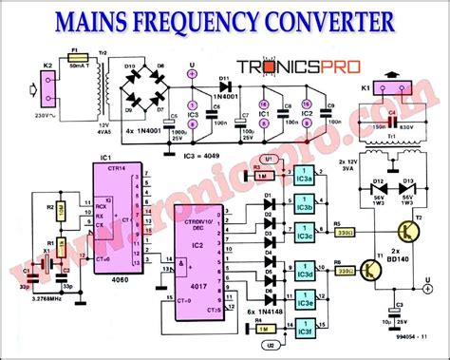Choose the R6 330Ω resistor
pos(345,270)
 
